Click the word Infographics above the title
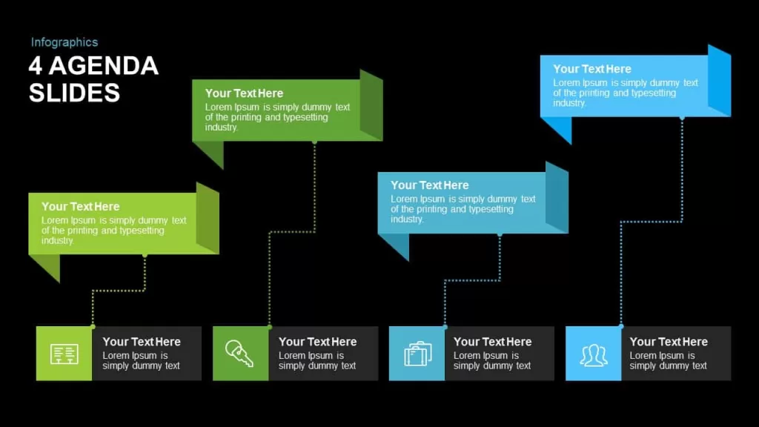pyautogui.click(x=64, y=42)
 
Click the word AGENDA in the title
pyautogui.click(x=104, y=66)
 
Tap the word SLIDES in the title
pyautogui.click(x=74, y=93)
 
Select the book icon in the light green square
pyautogui.click(x=64, y=354)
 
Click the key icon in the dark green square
pyautogui.click(x=239, y=353)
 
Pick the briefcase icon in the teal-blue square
pyautogui.click(x=418, y=354)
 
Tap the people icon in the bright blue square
pyautogui.click(x=594, y=355)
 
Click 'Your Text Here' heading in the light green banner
pyautogui.click(x=80, y=207)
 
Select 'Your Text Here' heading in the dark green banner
pyautogui.click(x=244, y=93)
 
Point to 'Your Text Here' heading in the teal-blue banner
pyautogui.click(x=430, y=185)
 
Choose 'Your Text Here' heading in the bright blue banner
pyautogui.click(x=592, y=69)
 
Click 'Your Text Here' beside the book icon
pyautogui.click(x=142, y=342)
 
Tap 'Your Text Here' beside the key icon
pyautogui.click(x=317, y=342)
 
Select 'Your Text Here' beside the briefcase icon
pyautogui.click(x=492, y=342)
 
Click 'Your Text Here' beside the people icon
pyautogui.click(x=669, y=342)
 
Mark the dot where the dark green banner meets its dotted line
pyautogui.click(x=314, y=142)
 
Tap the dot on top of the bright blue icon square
pyautogui.click(x=621, y=326)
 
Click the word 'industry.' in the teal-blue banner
pyautogui.click(x=407, y=219)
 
